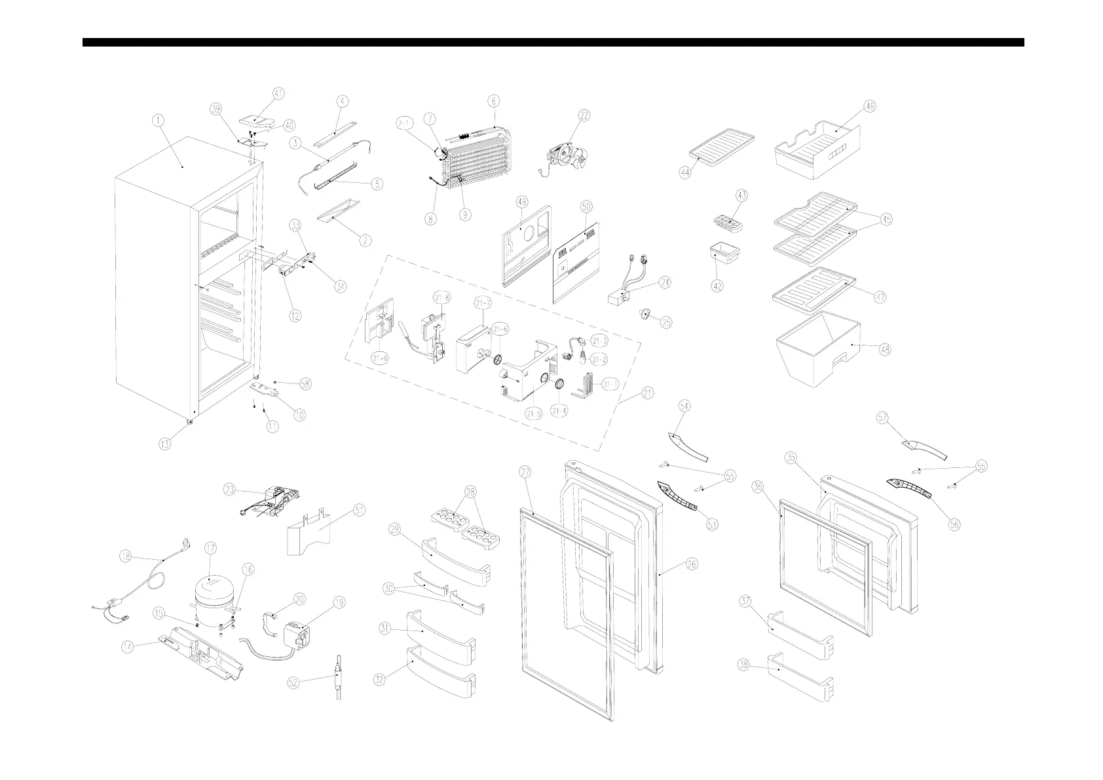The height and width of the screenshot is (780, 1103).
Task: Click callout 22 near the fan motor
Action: [x=584, y=115]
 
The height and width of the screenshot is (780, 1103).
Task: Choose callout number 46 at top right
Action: [x=869, y=106]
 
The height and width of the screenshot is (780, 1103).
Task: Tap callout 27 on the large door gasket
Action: [x=525, y=472]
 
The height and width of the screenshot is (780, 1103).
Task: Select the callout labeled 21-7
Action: [x=483, y=303]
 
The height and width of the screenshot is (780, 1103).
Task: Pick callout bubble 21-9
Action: [x=379, y=358]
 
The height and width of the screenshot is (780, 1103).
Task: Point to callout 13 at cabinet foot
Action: [x=165, y=444]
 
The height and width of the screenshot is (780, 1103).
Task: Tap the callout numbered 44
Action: [x=686, y=173]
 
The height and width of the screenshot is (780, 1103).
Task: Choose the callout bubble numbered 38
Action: [x=743, y=665]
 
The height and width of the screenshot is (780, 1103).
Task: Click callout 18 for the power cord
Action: [x=127, y=556]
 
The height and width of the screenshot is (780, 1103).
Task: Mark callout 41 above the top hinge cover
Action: [x=279, y=94]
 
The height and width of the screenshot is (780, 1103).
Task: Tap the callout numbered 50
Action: [x=586, y=206]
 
